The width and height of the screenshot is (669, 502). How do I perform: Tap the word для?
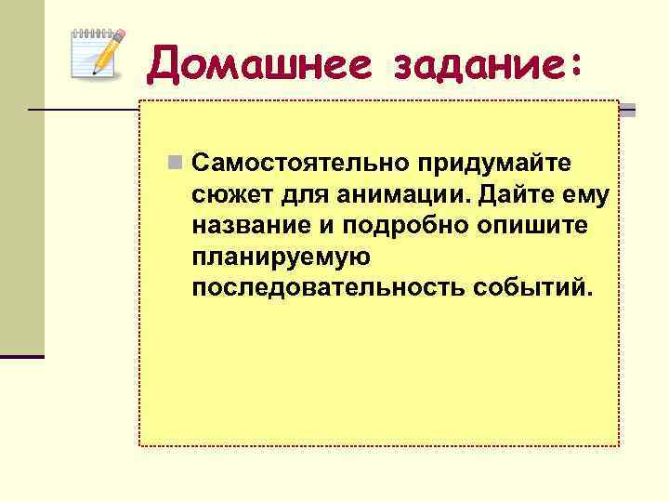pos(288,196)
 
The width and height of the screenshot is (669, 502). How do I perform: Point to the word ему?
pos(584,196)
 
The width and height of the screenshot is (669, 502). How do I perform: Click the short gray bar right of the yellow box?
pos(628,111)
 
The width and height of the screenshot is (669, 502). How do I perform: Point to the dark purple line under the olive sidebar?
pos(22,356)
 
